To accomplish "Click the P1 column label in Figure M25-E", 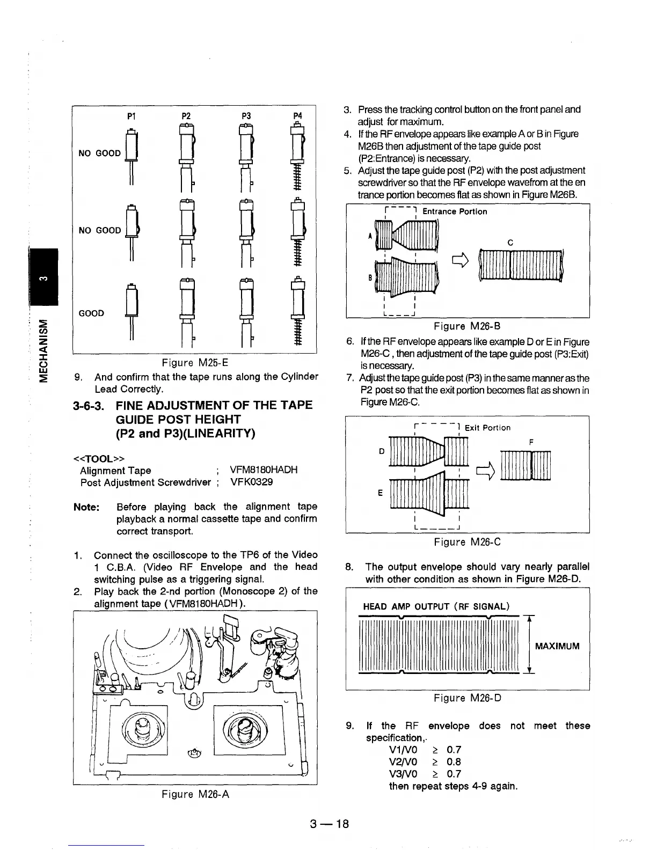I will click(x=130, y=116).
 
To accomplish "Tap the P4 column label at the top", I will click(x=298, y=116).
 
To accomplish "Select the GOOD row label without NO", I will click(x=91, y=313).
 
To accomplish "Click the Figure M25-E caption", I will click(x=195, y=362).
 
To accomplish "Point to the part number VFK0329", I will click(x=251, y=482).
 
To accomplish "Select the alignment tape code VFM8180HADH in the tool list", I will click(x=263, y=470).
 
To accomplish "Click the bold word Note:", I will click(x=86, y=507).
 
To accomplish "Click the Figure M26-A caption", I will click(x=195, y=794).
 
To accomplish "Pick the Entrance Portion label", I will click(x=455, y=211).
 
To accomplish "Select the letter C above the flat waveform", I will click(x=510, y=243).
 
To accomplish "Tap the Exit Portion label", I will click(x=487, y=428).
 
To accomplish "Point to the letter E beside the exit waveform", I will click(x=381, y=493).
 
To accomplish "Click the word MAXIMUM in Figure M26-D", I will click(x=557, y=646).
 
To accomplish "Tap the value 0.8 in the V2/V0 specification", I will click(x=454, y=762).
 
